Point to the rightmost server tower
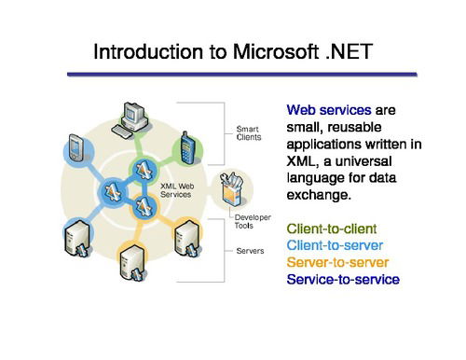(184, 240)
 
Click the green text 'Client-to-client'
(330, 228)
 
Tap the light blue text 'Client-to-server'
(333, 244)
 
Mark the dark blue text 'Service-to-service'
(343, 279)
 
